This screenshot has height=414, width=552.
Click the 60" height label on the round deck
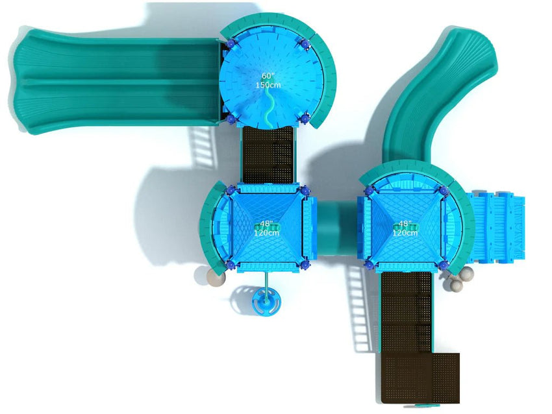pyautogui.click(x=268, y=76)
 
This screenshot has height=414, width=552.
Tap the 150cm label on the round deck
pyautogui.click(x=268, y=85)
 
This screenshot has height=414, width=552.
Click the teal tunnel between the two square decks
pyautogui.click(x=337, y=228)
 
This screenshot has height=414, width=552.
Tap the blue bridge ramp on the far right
pyautogui.click(x=497, y=227)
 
